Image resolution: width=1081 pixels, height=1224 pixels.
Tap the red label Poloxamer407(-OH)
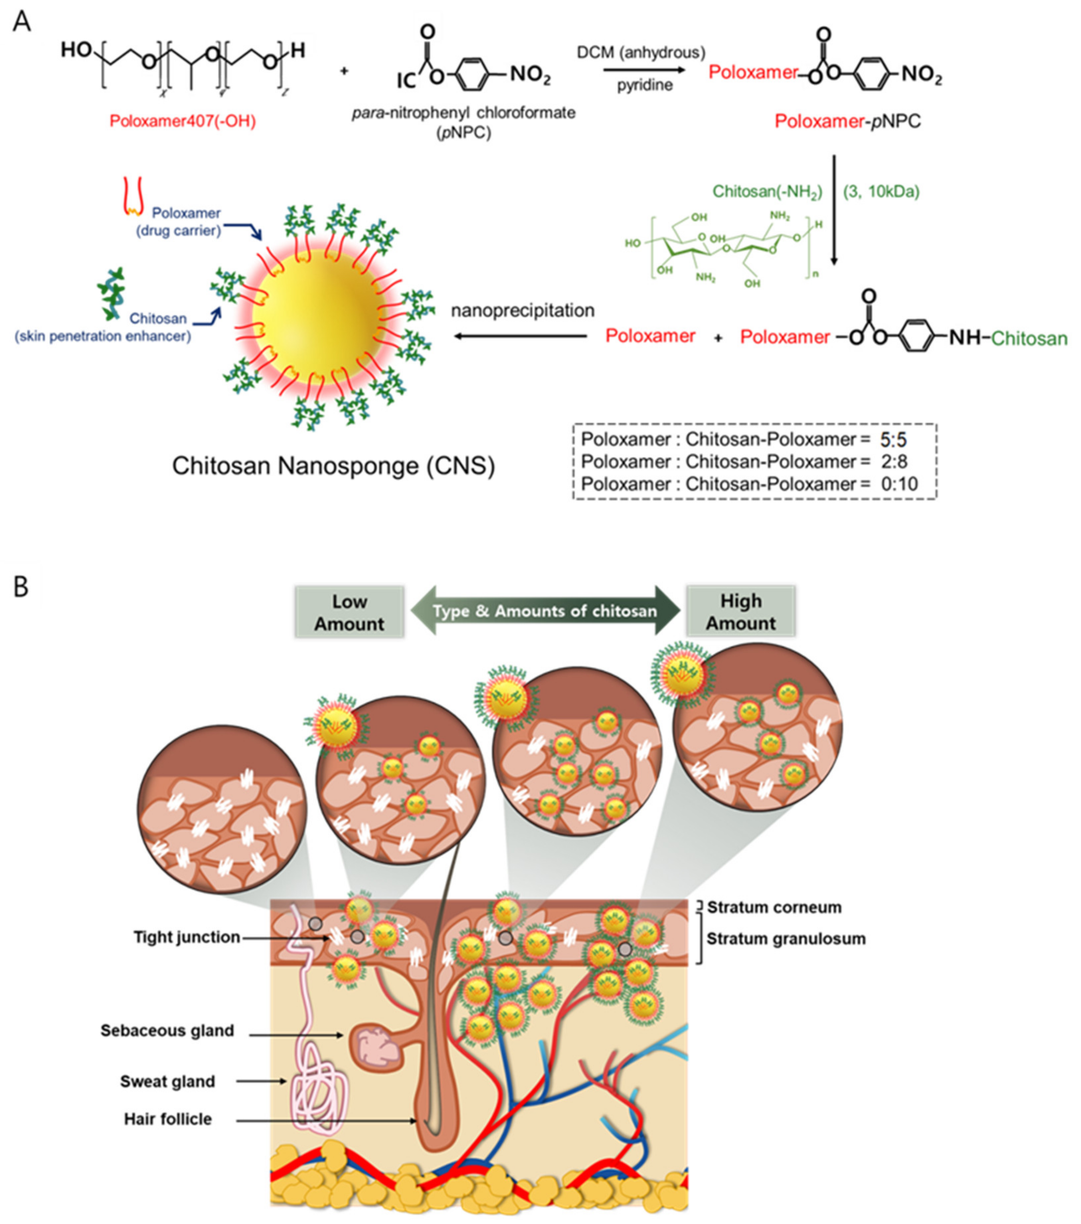183,122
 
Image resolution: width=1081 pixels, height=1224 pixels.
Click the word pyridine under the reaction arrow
645,86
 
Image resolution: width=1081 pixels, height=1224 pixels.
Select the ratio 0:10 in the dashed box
899,484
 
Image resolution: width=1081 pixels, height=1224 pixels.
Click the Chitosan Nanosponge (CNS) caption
333,466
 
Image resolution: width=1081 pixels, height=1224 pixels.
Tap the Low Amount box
350,612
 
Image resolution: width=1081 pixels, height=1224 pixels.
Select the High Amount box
740,612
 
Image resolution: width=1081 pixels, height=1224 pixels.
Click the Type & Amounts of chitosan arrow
545,611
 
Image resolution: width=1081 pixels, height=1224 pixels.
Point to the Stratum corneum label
774,907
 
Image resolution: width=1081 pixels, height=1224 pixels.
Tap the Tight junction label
187,937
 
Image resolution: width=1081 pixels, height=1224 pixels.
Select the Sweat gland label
168,1082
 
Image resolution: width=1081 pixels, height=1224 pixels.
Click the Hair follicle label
168,1119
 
